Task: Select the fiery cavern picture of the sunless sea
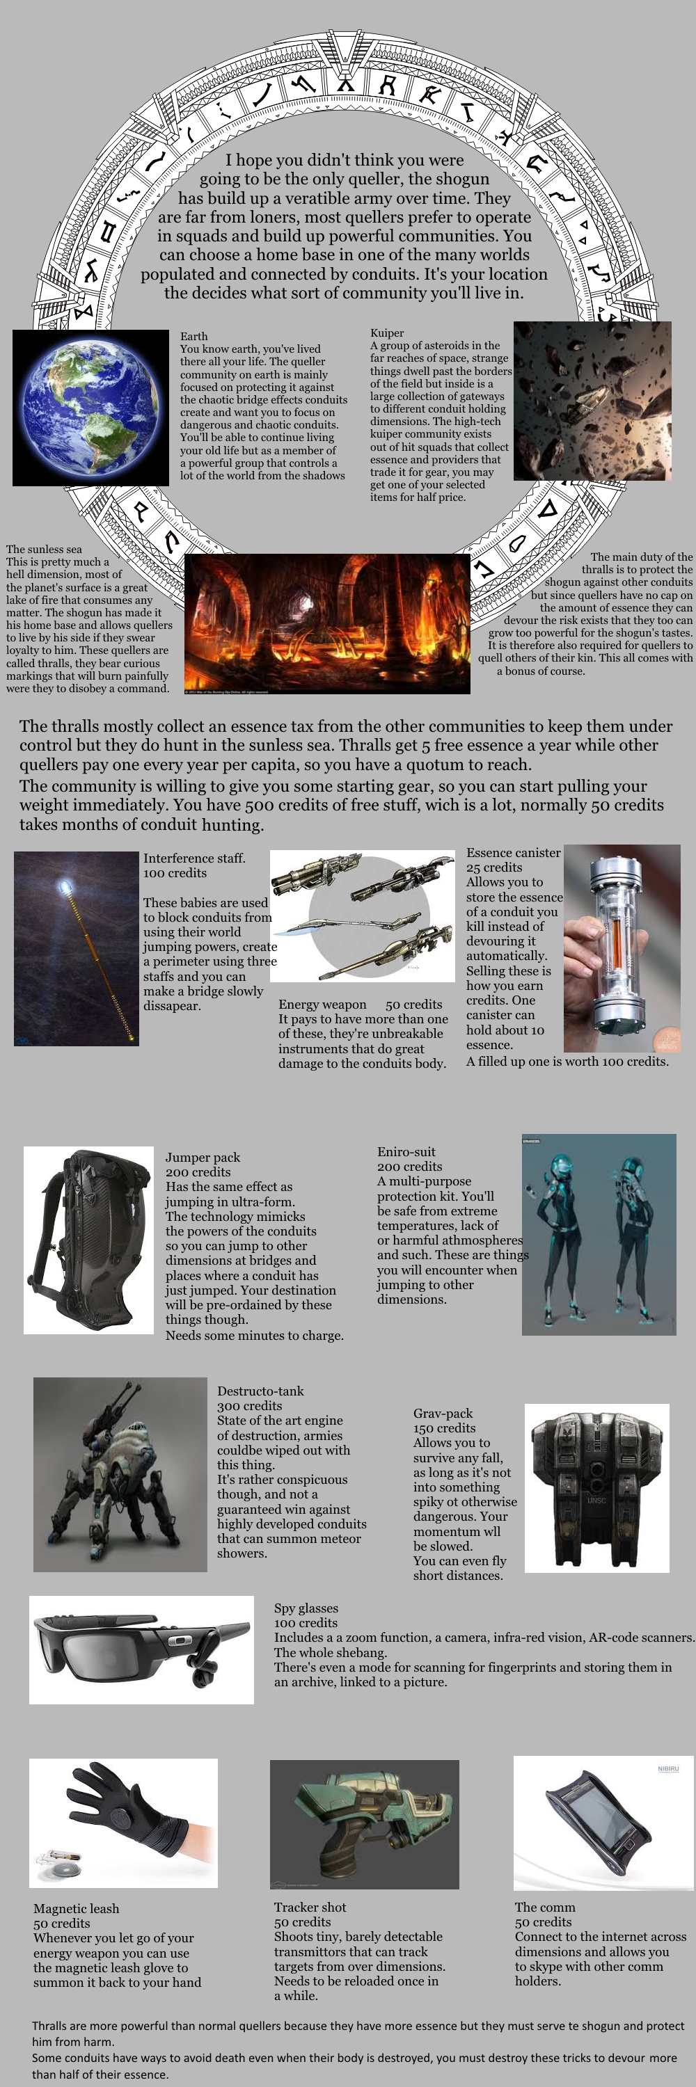tap(326, 623)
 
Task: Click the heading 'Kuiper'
tap(386, 333)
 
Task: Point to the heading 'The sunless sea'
tap(44, 550)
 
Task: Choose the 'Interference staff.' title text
tap(193, 858)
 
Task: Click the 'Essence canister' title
tap(513, 852)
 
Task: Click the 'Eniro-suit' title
tap(406, 1151)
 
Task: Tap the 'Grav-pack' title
tap(443, 1414)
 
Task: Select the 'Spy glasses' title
tap(306, 1608)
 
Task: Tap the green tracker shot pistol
tap(365, 1823)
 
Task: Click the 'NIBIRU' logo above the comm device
tap(667, 1768)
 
